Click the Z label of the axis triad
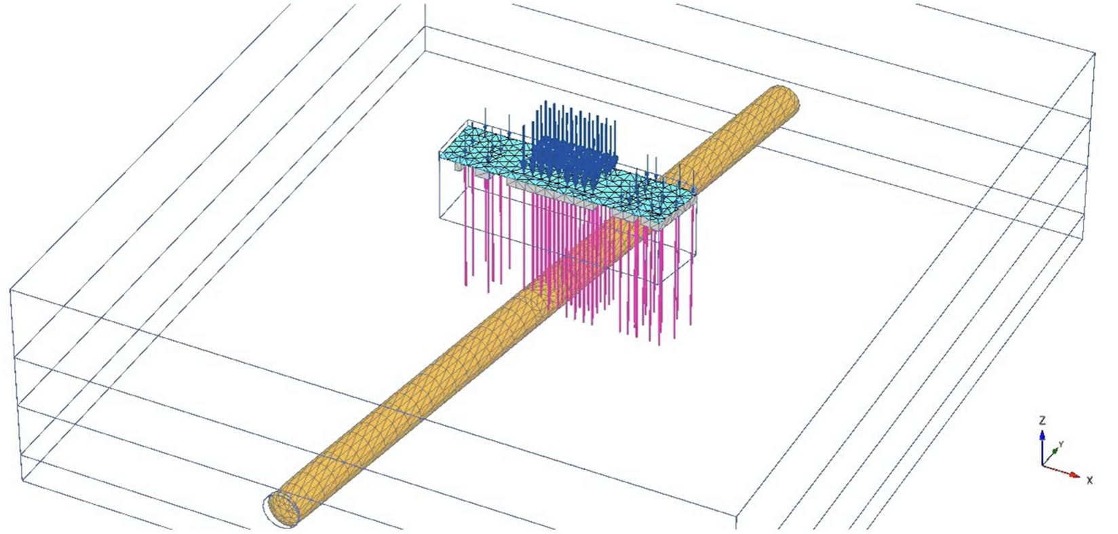[1041, 421]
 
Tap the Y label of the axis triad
[1060, 444]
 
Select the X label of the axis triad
[1089, 480]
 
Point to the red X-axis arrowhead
[1074, 474]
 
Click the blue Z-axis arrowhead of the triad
[1041, 435]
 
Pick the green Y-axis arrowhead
[1055, 451]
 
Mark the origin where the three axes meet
[1042, 465]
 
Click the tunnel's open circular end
[282, 508]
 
